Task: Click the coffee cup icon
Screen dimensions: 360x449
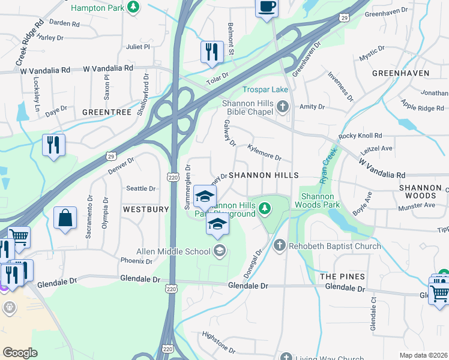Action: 267,7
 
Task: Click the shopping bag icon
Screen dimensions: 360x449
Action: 65,218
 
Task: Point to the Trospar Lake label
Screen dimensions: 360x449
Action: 265,90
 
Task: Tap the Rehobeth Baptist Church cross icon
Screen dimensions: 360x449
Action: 279,245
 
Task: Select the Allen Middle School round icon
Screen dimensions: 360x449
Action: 220,251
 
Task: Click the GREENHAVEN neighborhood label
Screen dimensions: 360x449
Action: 400,73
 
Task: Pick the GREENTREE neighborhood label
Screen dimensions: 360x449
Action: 106,112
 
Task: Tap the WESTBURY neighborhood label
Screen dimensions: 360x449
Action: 146,210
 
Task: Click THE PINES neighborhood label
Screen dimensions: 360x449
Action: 342,276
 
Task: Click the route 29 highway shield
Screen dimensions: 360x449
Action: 111,156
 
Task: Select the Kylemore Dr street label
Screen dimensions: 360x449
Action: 265,152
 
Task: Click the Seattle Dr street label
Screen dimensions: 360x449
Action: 140,188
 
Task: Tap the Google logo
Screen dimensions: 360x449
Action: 20,353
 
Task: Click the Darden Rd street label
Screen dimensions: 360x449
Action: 65,23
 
